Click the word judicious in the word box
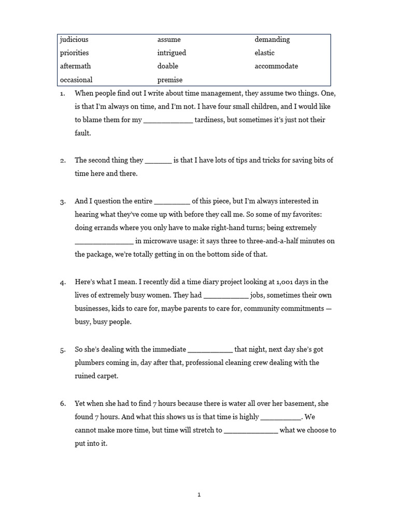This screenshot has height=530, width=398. point(74,39)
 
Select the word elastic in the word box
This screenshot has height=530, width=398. point(264,53)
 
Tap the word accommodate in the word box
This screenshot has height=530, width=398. point(276,66)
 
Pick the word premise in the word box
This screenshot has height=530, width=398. point(170,80)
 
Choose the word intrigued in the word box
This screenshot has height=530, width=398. point(172,53)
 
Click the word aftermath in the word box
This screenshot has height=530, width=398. point(75,66)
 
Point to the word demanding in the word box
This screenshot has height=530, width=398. point(272,39)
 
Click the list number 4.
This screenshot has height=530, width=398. point(63,283)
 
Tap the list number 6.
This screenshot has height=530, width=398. point(63,404)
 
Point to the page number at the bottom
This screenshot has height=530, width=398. point(199,495)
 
